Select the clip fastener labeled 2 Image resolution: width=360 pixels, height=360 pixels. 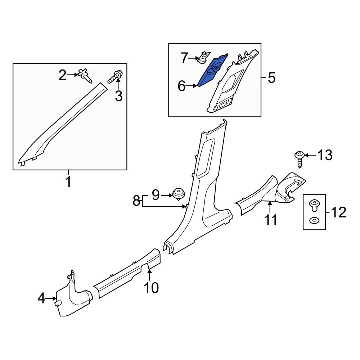tap(85, 76)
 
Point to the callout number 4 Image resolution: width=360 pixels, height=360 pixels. tap(42, 298)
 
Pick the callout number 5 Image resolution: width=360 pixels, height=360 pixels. tap(271, 77)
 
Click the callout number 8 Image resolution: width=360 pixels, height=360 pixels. tap(136, 201)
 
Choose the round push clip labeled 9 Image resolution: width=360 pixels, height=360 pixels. tap(178, 194)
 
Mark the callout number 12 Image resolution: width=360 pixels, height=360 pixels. tap(338, 212)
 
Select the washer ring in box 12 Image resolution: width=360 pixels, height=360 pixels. tap(314, 220)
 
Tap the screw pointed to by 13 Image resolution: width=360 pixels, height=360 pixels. tap(299, 158)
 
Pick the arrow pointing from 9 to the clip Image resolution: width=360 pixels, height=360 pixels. tap(167, 195)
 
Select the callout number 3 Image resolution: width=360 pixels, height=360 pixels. tap(118, 96)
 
